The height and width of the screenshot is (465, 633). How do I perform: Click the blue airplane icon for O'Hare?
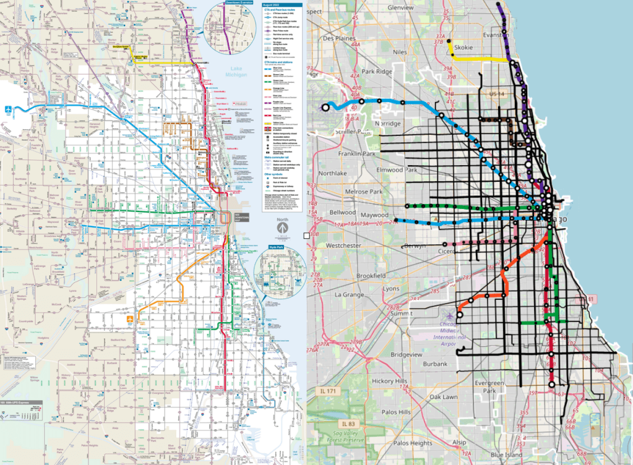[x=7, y=109]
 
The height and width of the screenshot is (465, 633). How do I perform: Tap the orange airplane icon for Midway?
[x=131, y=318]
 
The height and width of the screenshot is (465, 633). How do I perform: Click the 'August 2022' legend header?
[x=272, y=4]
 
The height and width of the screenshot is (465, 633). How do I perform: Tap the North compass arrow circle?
[x=282, y=228]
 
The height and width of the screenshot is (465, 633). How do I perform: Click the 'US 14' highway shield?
[x=497, y=93]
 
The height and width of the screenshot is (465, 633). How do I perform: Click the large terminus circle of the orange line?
[x=459, y=314]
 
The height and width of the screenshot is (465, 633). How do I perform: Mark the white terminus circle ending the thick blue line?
[x=326, y=108]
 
